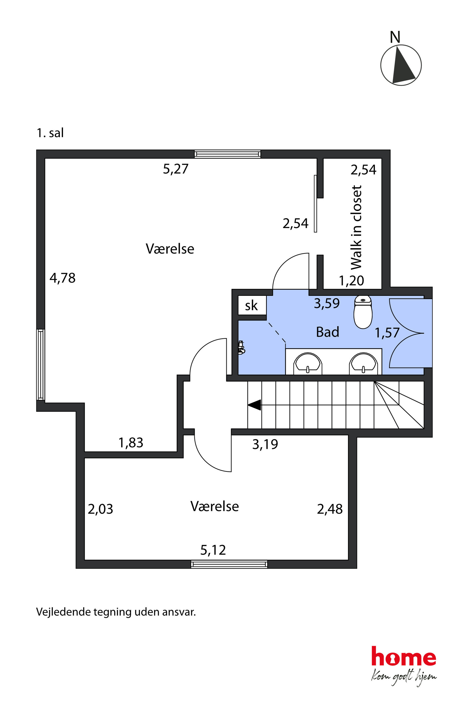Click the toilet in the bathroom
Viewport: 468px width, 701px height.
pyautogui.click(x=363, y=312)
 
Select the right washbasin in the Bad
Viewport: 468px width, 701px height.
pyautogui.click(x=363, y=363)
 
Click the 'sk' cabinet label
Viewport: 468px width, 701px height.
pyautogui.click(x=251, y=306)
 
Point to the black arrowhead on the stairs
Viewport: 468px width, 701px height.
pyautogui.click(x=254, y=405)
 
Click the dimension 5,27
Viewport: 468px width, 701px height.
pyautogui.click(x=175, y=169)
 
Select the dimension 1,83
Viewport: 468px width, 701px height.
pyautogui.click(x=131, y=443)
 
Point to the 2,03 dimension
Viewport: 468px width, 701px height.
pyautogui.click(x=100, y=509)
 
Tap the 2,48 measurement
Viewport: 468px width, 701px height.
pyautogui.click(x=330, y=509)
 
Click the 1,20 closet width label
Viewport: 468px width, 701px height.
pyautogui.click(x=351, y=281)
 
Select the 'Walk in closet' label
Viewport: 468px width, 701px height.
pyautogui.click(x=356, y=227)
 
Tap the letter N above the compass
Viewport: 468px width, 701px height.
pyautogui.click(x=395, y=37)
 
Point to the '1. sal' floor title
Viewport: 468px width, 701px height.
pyautogui.click(x=50, y=133)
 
